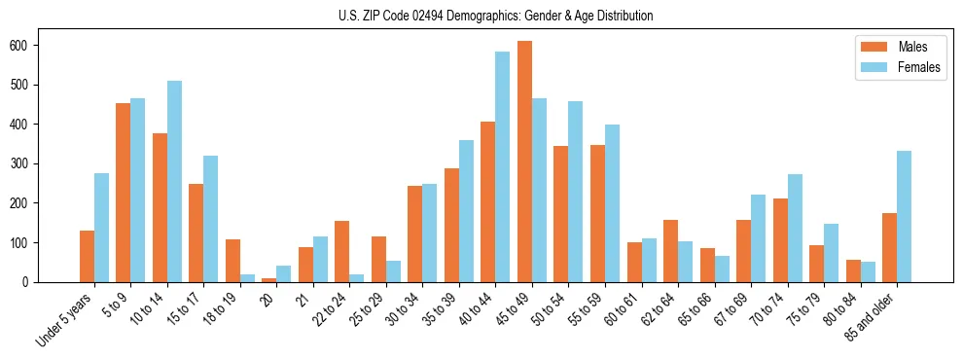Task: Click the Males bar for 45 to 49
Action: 524,162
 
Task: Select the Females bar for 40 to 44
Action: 503,166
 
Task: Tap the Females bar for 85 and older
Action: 904,216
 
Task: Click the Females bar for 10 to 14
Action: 174,181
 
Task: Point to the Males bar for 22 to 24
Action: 342,251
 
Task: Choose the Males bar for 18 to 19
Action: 232,261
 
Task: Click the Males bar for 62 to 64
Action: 670,251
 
